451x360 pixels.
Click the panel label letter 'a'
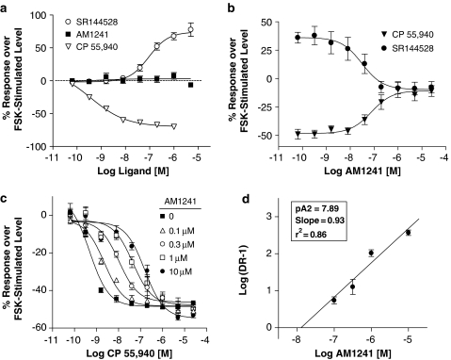(7, 8)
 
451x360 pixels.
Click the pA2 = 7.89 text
(304, 202)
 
